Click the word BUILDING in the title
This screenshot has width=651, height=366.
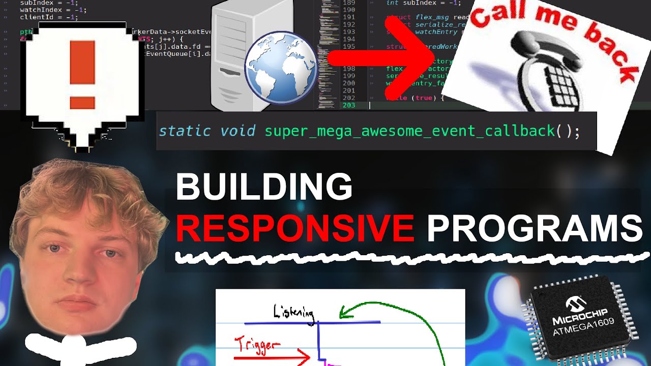point(264,187)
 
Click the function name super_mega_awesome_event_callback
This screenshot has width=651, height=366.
point(410,131)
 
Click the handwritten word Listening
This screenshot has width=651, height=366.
point(293,311)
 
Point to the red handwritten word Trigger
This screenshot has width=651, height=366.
point(257,345)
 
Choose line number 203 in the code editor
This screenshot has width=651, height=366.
point(348,105)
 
